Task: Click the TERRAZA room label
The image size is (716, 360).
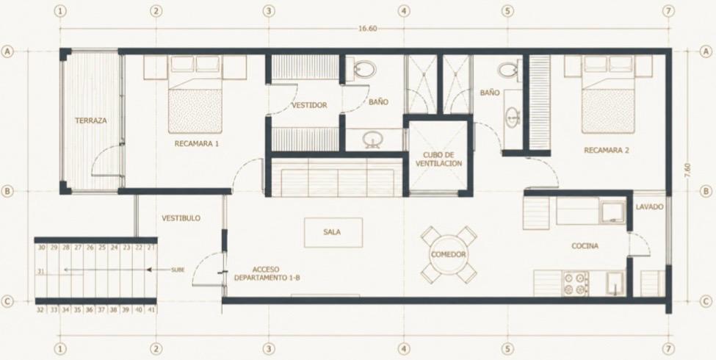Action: [91, 121]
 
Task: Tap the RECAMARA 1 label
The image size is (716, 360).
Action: [197, 143]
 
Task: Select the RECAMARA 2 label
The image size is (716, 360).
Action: [607, 150]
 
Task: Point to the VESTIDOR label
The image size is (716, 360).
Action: [309, 105]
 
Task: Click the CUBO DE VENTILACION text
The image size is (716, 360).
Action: [442, 159]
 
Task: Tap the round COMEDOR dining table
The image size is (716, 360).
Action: [448, 255]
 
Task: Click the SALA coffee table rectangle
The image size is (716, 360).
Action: [333, 233]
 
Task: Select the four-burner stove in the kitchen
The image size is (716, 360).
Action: [575, 284]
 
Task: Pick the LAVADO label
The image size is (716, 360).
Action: [649, 207]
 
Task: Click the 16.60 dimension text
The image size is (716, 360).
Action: [368, 29]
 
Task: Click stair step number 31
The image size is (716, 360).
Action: [40, 271]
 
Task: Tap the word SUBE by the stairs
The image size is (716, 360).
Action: [178, 270]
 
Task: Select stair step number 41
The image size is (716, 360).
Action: [151, 309]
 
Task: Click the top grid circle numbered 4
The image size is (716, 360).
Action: [403, 10]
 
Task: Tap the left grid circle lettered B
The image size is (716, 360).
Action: [7, 192]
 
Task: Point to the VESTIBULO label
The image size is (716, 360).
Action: [181, 218]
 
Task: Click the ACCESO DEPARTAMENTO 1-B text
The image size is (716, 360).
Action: [267, 273]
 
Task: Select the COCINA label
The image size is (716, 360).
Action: [585, 246]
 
